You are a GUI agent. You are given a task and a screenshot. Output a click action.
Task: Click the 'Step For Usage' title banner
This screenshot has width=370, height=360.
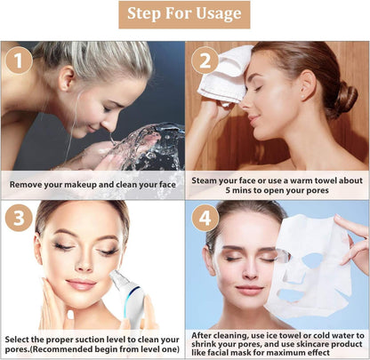tap(184, 14)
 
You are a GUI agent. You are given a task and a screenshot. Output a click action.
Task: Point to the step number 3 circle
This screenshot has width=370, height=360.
tap(18, 218)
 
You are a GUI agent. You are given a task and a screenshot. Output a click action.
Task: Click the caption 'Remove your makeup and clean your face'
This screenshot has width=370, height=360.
tap(92, 184)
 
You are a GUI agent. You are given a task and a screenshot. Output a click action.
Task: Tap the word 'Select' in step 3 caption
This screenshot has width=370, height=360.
tap(20, 339)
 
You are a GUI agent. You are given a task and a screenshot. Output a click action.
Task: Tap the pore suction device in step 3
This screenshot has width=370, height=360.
tap(124, 293)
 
